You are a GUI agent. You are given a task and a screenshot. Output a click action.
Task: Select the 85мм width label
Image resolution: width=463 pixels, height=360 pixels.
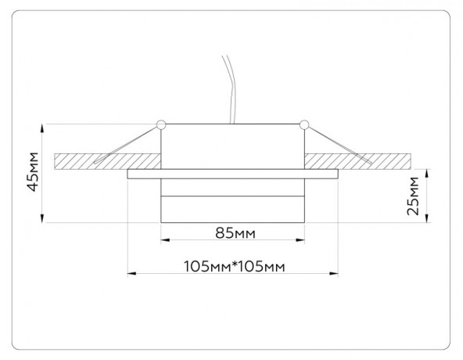(x=232, y=233)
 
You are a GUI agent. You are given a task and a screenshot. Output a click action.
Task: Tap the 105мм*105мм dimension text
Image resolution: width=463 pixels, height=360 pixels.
(x=232, y=265)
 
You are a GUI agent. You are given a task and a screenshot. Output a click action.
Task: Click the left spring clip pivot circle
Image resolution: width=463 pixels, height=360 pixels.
(x=161, y=124)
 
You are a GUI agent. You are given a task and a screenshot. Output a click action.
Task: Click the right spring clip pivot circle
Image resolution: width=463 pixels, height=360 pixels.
(x=303, y=124)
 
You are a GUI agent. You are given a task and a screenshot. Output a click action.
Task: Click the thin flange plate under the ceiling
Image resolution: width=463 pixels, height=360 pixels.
(x=232, y=174)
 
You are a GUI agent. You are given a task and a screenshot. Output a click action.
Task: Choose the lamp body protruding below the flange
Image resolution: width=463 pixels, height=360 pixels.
(x=232, y=200)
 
